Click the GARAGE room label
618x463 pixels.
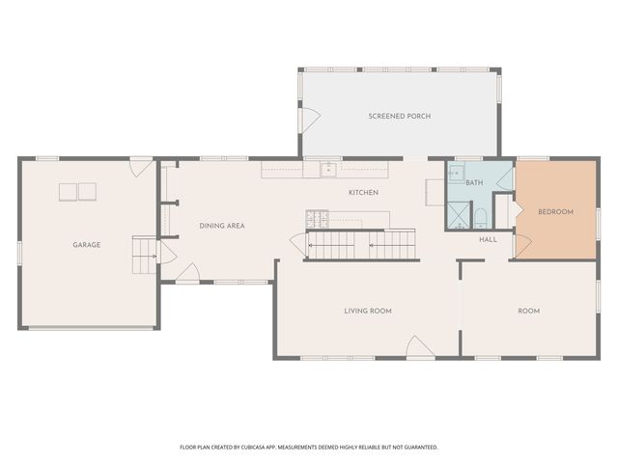click(87, 245)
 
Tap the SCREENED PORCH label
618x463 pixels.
click(399, 116)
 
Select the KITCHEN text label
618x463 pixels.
click(363, 193)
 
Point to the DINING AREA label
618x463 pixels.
click(222, 226)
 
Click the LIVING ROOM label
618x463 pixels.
click(368, 311)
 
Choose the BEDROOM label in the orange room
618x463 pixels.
click(555, 212)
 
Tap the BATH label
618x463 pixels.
click(474, 182)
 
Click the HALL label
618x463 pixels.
click(488, 239)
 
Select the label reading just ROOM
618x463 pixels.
click(528, 311)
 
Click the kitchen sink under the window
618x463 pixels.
click(328, 171)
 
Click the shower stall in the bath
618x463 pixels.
click(458, 215)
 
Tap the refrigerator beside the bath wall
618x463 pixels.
click(434, 192)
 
